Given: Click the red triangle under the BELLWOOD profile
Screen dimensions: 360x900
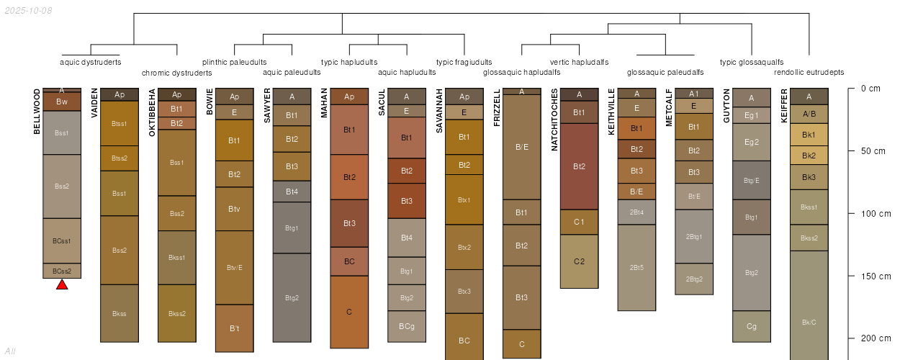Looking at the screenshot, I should click(62, 285).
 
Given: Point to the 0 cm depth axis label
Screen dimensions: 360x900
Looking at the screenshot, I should click(870, 89).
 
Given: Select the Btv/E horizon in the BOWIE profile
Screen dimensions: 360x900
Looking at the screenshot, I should click(234, 268).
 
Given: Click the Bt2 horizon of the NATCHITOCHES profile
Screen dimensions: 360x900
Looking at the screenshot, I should click(580, 166).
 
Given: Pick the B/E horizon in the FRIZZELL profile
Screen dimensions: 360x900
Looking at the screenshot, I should click(522, 147).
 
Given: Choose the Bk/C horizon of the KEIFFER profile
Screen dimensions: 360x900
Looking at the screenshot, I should click(809, 322).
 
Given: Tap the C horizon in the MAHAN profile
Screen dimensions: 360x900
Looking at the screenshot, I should click(349, 312).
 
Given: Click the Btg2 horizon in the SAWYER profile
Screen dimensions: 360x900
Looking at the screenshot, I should click(292, 297).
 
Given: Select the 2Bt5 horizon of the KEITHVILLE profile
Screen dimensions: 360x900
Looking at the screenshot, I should click(636, 267).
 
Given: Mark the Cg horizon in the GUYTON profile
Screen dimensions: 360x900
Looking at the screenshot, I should click(752, 326).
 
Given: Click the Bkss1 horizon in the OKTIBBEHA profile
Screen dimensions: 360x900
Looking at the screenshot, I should click(177, 257).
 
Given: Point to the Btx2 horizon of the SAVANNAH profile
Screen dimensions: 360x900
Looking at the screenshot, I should click(464, 247).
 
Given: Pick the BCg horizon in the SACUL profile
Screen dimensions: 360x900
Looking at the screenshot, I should click(407, 326).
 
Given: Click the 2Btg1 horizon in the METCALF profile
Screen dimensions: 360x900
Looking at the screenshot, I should click(694, 236).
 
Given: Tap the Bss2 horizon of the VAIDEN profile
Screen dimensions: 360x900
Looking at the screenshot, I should click(120, 250).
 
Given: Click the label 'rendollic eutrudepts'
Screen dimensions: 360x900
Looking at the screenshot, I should click(809, 73).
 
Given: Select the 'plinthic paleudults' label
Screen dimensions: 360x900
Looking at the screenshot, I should click(235, 62).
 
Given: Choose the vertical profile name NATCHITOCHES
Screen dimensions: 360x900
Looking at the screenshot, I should click(554, 120).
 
